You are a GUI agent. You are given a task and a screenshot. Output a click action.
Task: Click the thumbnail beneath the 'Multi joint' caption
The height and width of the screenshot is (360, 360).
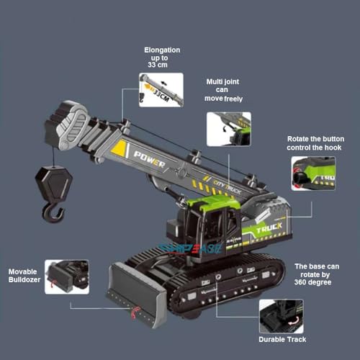228,128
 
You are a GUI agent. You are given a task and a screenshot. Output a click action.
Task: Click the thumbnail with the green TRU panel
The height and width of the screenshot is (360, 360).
312,174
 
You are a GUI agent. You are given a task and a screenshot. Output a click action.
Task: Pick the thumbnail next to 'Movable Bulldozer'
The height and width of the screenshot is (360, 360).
66,276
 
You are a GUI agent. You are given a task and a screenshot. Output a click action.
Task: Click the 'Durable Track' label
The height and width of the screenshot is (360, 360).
283,338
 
